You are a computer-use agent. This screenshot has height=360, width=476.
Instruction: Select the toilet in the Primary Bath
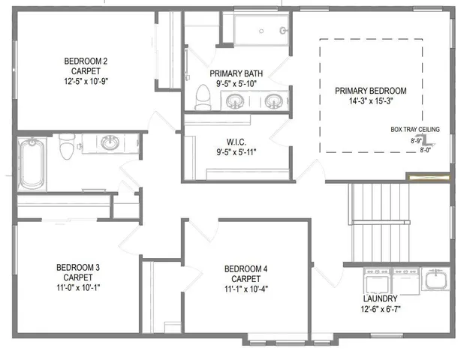click(201, 95)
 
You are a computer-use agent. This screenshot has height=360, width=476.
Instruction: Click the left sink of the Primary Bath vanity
click(249, 99)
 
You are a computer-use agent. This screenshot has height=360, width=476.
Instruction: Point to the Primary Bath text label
click(235, 73)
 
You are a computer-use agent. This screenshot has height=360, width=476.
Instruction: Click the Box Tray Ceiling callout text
click(415, 129)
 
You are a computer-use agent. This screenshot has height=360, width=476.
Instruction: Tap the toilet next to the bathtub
click(66, 150)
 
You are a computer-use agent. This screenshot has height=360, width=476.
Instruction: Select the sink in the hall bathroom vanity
click(110, 142)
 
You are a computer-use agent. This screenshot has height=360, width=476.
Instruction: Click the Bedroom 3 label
click(78, 266)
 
